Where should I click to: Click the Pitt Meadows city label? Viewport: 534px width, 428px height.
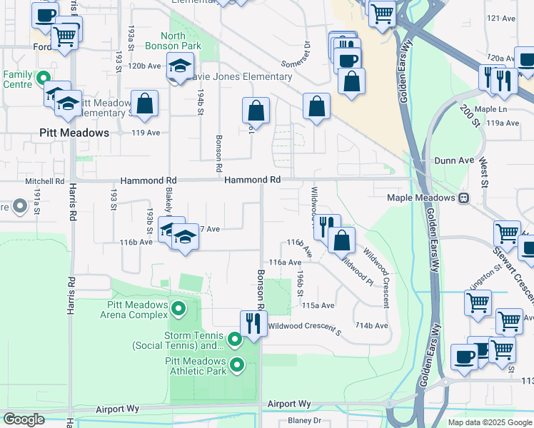tap(74, 133)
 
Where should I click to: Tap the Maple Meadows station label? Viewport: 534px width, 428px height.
tap(421, 197)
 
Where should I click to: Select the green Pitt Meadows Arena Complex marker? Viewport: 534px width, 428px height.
tap(178, 309)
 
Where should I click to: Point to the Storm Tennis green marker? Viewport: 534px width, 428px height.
tap(235, 338)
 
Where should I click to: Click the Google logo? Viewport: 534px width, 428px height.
tap(24, 419)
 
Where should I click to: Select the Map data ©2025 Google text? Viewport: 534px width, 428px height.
tap(490, 422)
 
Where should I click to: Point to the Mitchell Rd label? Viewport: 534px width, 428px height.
tap(45, 181)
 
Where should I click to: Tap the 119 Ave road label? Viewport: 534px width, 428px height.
tap(146, 132)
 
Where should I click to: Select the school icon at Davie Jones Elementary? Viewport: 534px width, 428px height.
tap(181, 68)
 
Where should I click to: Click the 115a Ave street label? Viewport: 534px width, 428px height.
tap(318, 305)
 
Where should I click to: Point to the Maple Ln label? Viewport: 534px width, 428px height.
tap(490, 109)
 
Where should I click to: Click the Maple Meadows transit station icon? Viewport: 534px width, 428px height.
tap(464, 197)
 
